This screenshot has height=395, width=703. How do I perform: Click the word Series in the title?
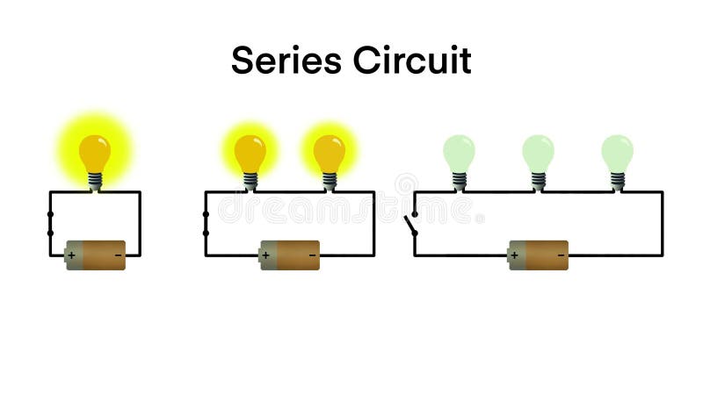tap(286, 61)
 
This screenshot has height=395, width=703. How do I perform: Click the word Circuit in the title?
tap(412, 61)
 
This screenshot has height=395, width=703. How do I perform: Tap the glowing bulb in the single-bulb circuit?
tap(95, 154)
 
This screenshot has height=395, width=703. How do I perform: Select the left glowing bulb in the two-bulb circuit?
tap(250, 154)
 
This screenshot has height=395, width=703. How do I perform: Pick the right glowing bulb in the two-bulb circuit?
tap(330, 154)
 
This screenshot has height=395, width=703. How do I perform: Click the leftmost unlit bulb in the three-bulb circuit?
tap(459, 153)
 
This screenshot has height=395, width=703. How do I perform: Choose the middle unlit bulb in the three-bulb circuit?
tap(538, 153)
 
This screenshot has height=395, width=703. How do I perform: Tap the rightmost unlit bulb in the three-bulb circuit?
tap(617, 153)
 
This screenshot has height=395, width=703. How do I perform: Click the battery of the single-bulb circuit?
tap(96, 255)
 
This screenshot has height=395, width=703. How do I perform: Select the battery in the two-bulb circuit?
tap(289, 255)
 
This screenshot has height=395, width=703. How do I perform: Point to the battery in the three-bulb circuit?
tap(539, 255)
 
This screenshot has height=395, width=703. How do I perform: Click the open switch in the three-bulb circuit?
tap(411, 224)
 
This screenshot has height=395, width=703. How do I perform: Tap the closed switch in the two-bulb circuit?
tap(206, 224)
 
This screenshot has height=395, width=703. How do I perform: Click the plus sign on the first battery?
tap(71, 255)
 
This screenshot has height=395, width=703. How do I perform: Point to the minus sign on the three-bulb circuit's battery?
tap(562, 255)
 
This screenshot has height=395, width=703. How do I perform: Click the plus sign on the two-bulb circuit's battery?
tap(265, 255)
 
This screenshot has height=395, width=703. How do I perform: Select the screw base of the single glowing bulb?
tap(95, 181)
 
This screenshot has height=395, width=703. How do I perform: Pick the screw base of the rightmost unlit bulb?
tap(617, 181)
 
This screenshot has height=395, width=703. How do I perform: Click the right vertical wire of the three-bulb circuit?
tap(663, 224)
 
